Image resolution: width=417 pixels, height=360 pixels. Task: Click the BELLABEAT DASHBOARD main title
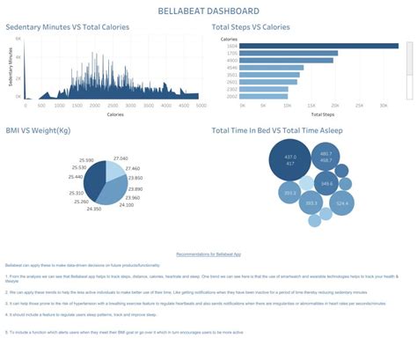(x=208, y=11)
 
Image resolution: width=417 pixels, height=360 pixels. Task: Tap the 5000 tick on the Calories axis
(x=201, y=106)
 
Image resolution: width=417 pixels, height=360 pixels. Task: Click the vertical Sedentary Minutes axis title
(x=10, y=70)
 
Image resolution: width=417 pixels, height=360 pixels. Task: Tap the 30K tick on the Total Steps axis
(x=383, y=106)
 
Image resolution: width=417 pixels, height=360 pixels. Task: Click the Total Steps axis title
(x=323, y=114)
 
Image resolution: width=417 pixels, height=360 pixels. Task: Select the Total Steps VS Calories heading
(x=265, y=27)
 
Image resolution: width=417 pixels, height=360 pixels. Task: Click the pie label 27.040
(x=121, y=158)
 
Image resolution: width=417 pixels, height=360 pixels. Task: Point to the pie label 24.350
(x=94, y=209)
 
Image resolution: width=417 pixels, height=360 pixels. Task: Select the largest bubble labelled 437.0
(x=289, y=161)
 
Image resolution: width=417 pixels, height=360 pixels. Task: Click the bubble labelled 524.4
(x=341, y=202)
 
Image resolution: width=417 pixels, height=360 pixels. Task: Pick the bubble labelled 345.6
(x=326, y=183)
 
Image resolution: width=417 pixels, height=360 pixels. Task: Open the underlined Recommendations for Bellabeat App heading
(x=208, y=253)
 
